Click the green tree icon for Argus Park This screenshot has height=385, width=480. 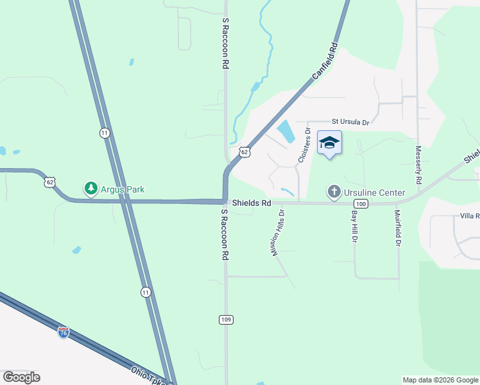[x=91, y=189]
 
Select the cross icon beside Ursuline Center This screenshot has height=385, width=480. [x=334, y=192]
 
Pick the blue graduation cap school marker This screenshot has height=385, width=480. [x=329, y=143]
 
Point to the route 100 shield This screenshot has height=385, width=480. [x=361, y=204]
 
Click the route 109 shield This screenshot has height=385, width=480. [x=225, y=320]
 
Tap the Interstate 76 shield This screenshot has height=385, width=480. [x=63, y=332]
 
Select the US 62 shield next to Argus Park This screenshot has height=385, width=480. [x=50, y=182]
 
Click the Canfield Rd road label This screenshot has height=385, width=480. [x=325, y=62]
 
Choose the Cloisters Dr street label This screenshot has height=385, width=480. [x=304, y=144]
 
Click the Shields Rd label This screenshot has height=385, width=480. [x=252, y=203]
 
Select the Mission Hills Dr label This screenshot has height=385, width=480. [x=278, y=232]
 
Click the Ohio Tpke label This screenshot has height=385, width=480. [x=149, y=375]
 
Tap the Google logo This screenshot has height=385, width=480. [x=21, y=377]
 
